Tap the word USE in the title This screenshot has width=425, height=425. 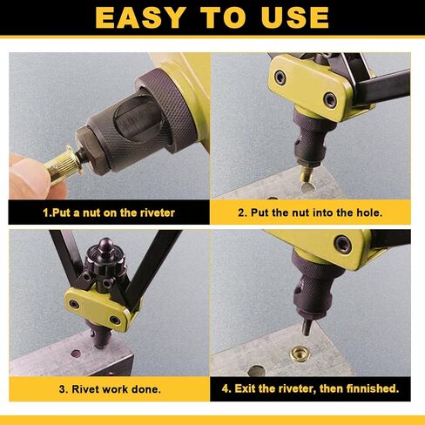[x=295, y=17]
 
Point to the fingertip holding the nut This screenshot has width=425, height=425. [x=29, y=176]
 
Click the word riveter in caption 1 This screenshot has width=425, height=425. [x=158, y=212]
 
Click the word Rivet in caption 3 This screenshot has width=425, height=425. [x=84, y=389]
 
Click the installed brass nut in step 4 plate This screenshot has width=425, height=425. [x=300, y=354]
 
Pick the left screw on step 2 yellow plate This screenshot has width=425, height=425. [x=280, y=78]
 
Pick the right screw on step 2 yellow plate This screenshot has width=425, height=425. [x=330, y=100]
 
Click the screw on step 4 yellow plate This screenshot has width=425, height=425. [x=343, y=244]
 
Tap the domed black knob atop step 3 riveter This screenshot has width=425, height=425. [x=105, y=246]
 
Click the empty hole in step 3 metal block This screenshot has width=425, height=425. [x=76, y=354]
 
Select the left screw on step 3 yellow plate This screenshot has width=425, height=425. [x=74, y=304]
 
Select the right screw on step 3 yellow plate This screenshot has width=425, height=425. [x=115, y=320]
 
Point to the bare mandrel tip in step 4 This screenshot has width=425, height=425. [x=306, y=326]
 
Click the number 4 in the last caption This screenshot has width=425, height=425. [x=225, y=388]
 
